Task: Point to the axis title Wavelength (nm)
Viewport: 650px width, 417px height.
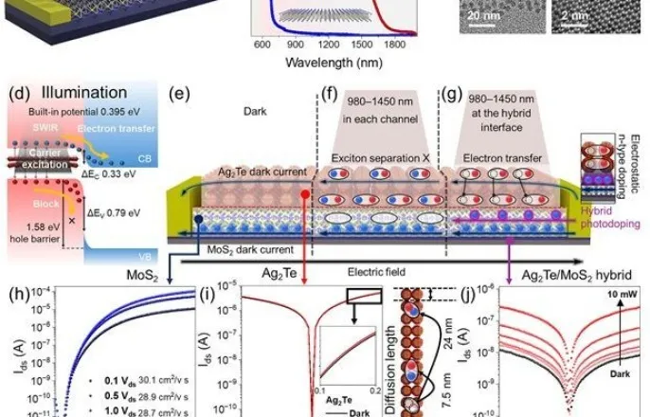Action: click(x=338, y=63)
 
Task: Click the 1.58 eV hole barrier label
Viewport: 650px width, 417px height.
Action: click(x=35, y=229)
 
